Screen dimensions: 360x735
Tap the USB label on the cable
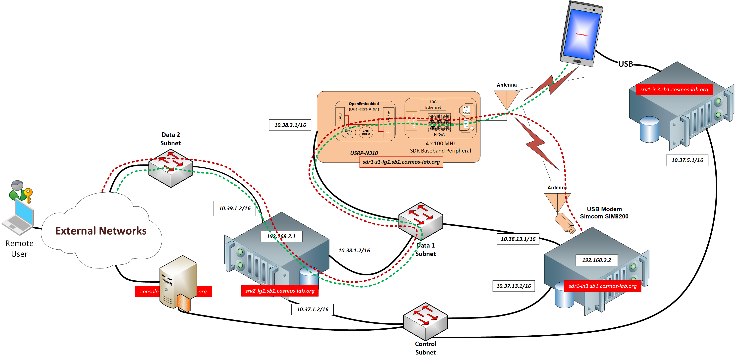[x=626, y=64]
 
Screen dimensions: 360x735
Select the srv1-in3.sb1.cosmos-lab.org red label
[x=674, y=89]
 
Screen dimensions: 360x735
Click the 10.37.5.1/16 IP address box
[x=687, y=160]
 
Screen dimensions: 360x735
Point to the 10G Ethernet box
[x=433, y=104]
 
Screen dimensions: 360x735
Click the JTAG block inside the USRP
[x=340, y=116]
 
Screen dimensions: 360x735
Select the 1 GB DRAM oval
[x=366, y=132]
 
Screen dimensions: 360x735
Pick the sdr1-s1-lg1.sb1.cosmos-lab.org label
[x=401, y=162]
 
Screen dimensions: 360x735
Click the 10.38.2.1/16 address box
[x=290, y=125]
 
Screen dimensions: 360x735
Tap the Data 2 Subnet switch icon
[x=171, y=168]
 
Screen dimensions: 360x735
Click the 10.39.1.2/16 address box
[x=235, y=208]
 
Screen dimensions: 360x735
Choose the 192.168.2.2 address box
[x=596, y=260]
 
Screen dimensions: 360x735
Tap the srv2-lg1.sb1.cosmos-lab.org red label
[x=280, y=291]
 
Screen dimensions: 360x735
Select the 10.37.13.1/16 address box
[x=513, y=286]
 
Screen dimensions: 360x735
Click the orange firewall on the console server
[x=183, y=303]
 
